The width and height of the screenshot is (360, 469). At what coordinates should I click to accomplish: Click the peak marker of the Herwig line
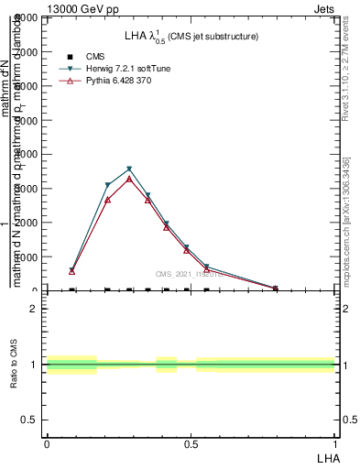pos(129,169)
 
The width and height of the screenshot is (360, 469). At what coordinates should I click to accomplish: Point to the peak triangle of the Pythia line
pos(129,179)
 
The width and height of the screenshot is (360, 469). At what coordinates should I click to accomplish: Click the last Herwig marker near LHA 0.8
pos(275,289)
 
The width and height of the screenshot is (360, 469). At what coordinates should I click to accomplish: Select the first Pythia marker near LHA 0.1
pos(71,271)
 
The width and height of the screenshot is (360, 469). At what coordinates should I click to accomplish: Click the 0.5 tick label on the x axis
pos(190,443)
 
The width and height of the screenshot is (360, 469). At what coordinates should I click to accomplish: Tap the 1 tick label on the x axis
pos(335,443)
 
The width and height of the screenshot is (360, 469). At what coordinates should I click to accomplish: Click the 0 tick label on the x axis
pos(46,443)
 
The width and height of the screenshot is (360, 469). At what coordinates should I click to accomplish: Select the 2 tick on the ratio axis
pos(35,309)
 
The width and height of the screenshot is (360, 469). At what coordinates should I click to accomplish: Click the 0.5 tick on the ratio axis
pos(31,420)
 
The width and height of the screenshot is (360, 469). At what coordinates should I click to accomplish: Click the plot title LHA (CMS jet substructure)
pos(191,37)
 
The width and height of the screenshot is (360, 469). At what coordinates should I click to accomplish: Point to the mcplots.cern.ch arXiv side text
pos(346,221)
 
